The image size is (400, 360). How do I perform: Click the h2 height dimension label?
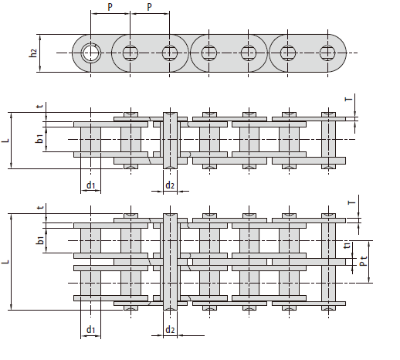[33, 53]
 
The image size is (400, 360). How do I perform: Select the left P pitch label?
[110, 7]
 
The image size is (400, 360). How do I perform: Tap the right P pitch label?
[149, 7]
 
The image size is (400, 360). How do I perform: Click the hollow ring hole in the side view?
[90, 53]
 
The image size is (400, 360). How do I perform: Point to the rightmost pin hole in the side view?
[327, 53]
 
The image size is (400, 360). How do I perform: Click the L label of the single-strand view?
[5, 141]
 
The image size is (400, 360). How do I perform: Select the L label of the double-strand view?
[5, 261]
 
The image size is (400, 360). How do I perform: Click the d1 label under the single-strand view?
[90, 185]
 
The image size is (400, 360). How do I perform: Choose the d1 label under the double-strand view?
[90, 329]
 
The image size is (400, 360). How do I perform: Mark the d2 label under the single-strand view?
[170, 185]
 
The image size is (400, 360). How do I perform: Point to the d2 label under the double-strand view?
[170, 329]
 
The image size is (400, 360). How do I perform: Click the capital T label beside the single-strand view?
[348, 99]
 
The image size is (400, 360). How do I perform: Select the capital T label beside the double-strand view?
[351, 202]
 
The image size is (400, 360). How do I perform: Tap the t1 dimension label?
[347, 246]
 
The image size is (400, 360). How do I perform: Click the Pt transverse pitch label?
[363, 260]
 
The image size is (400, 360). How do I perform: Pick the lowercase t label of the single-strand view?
[40, 106]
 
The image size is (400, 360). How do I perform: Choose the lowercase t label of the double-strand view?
[40, 207]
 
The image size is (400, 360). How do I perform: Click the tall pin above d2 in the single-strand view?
[170, 141]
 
